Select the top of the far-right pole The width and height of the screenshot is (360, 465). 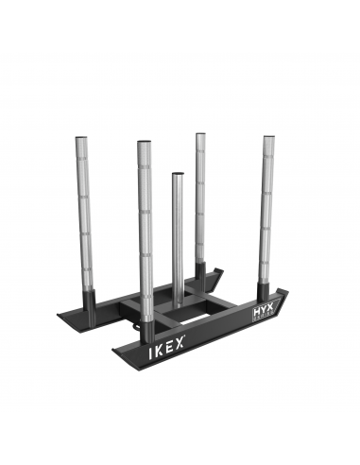(x=269, y=139)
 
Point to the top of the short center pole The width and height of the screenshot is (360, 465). (x=177, y=175)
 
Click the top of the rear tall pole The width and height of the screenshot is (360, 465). (x=201, y=136)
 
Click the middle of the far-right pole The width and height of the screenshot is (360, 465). (x=269, y=208)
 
